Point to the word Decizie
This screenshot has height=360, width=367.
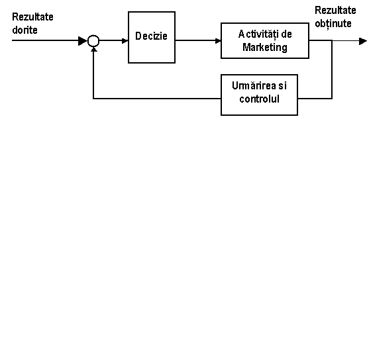pyautogui.click(x=151, y=36)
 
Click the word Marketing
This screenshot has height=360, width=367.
pyautogui.click(x=265, y=48)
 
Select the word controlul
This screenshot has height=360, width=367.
pyautogui.click(x=259, y=99)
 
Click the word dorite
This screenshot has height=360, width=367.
pyautogui.click(x=25, y=30)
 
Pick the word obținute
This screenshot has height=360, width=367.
pyautogui.click(x=333, y=24)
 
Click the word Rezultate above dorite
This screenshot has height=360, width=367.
pyautogui.click(x=32, y=17)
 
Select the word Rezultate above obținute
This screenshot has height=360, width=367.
pyautogui.click(x=335, y=11)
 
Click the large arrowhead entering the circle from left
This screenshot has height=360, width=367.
pyautogui.click(x=83, y=41)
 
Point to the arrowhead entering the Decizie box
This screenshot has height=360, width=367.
pyautogui.click(x=125, y=41)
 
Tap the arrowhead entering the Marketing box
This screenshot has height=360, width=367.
pyautogui.click(x=218, y=41)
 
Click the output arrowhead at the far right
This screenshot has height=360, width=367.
pyautogui.click(x=363, y=42)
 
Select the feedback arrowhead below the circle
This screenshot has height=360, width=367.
pyautogui.click(x=93, y=49)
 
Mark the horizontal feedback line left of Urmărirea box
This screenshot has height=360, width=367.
pyautogui.click(x=157, y=99)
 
